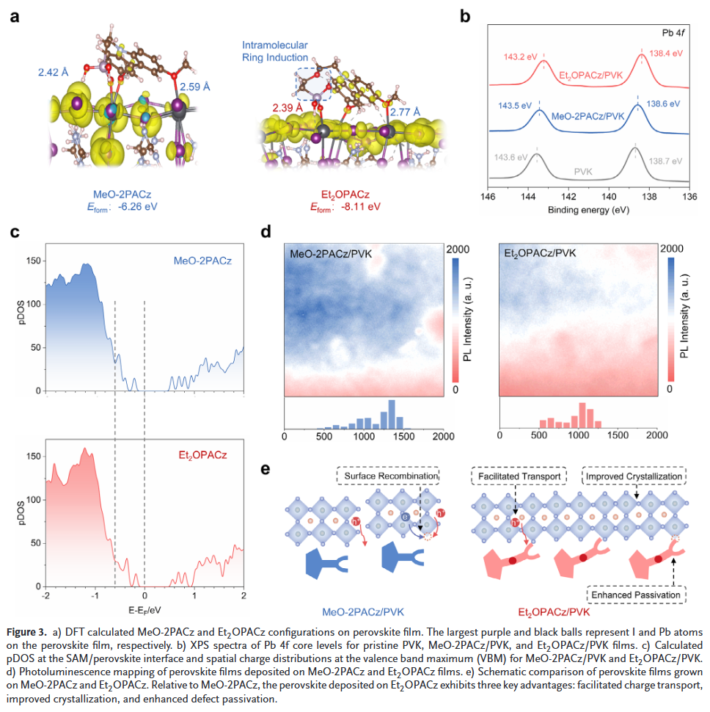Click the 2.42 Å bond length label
[56, 73]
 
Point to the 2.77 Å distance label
[406, 112]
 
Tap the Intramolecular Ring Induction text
[286, 51]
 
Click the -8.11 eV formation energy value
[360, 207]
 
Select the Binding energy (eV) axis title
[588, 210]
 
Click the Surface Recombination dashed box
[388, 476]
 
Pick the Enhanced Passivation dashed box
[635, 592]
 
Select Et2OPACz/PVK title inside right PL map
[540, 253]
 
